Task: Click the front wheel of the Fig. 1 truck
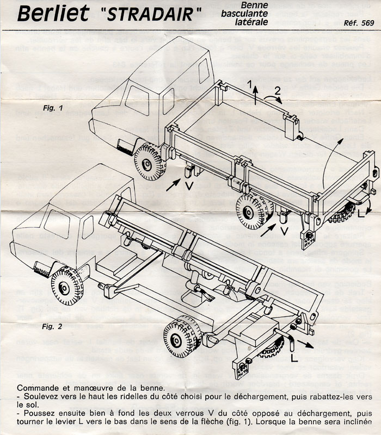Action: [149, 161]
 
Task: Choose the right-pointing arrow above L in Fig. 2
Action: [307, 344]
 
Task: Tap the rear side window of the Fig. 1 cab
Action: [204, 71]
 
